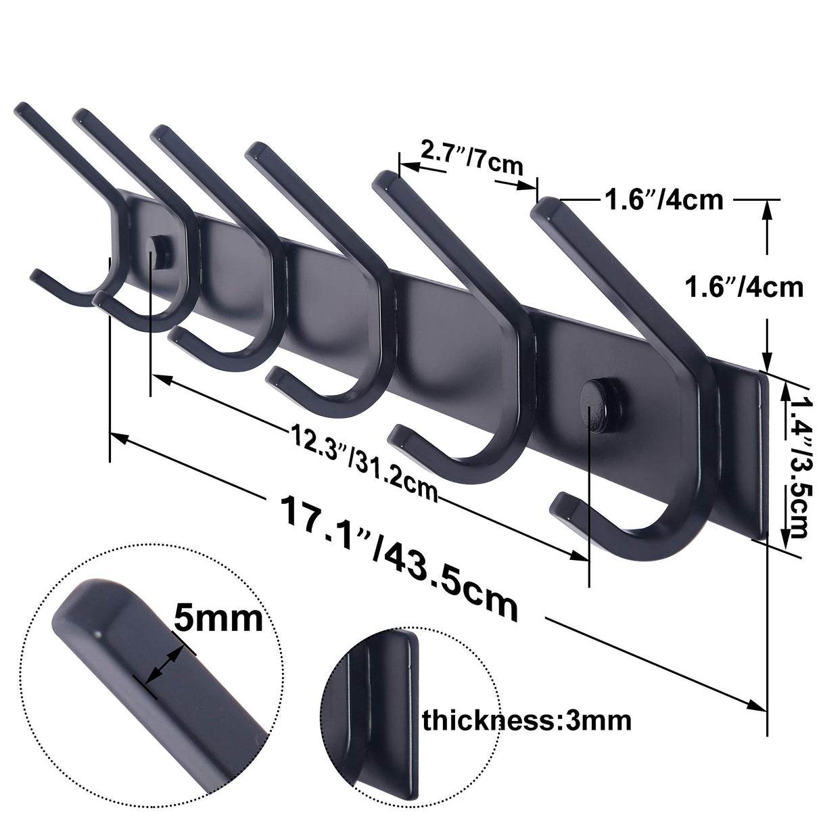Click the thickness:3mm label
tap(527, 721)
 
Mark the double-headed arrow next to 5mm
tap(163, 667)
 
